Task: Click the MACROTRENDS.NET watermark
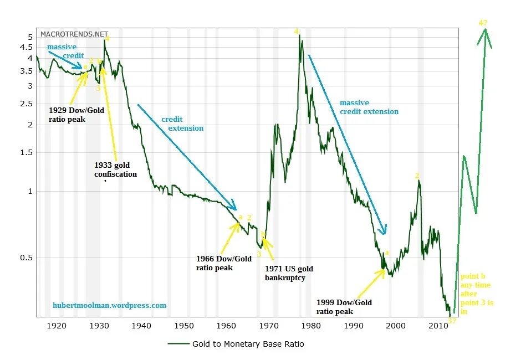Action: click(74, 34)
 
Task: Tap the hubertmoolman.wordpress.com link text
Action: click(109, 305)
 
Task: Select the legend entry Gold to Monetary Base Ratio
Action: click(248, 344)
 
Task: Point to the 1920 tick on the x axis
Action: click(57, 326)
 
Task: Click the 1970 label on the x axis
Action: click(269, 326)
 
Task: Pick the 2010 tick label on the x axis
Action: click(438, 326)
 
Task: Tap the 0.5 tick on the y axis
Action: click(27, 258)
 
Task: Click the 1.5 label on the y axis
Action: click(27, 153)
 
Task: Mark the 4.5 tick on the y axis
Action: click(27, 47)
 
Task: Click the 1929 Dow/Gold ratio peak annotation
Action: click(76, 115)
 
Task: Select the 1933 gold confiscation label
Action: click(115, 169)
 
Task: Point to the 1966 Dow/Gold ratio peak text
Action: click(223, 263)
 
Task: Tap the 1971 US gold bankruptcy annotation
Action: click(289, 273)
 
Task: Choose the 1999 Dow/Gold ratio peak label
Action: click(344, 307)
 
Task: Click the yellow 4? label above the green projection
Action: click(483, 23)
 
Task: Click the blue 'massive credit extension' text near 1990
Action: click(369, 107)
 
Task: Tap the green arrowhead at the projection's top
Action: click(486, 33)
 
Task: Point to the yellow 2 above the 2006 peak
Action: click(417, 176)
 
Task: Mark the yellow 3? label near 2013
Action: click(452, 321)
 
